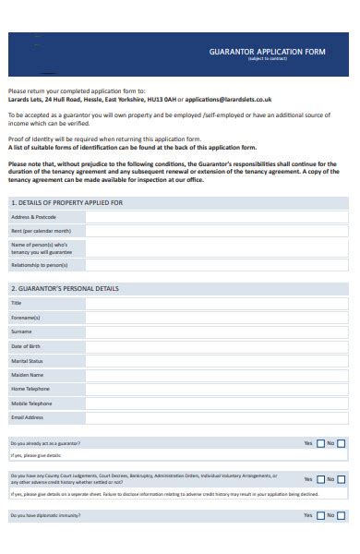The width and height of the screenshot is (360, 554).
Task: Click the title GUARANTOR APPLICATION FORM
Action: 256,54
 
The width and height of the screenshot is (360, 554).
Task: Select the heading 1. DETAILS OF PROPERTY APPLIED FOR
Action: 66,201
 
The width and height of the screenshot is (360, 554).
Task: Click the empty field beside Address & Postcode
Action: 218,217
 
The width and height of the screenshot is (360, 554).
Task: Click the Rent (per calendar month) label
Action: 41,230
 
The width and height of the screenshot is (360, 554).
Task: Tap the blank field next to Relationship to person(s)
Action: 218,265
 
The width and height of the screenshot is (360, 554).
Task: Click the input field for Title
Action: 218,303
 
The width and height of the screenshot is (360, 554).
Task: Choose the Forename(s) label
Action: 26,316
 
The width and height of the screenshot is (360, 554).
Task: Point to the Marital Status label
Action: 27,360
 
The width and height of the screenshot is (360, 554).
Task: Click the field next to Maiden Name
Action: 218,375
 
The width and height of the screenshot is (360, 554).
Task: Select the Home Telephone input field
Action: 218,390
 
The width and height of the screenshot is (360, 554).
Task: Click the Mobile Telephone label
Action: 31,403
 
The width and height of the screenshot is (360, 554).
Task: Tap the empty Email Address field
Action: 218,417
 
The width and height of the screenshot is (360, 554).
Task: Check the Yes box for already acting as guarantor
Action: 320,443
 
